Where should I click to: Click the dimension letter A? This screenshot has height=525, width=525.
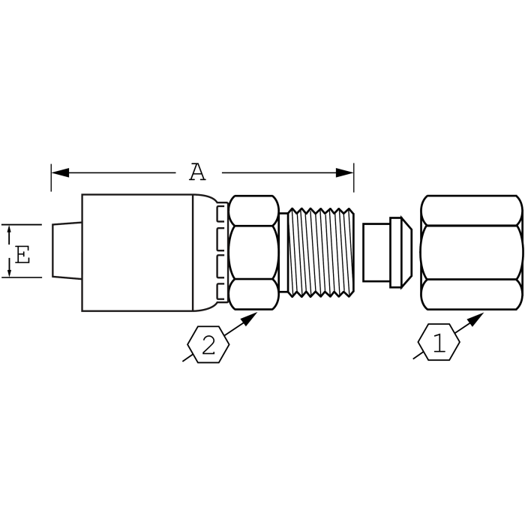197,172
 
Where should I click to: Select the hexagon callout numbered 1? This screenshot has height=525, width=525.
438,343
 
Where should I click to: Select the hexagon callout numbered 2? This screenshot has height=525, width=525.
208,346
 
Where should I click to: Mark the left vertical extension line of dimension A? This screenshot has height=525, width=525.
51,178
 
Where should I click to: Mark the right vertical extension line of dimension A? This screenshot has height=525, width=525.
354,178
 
